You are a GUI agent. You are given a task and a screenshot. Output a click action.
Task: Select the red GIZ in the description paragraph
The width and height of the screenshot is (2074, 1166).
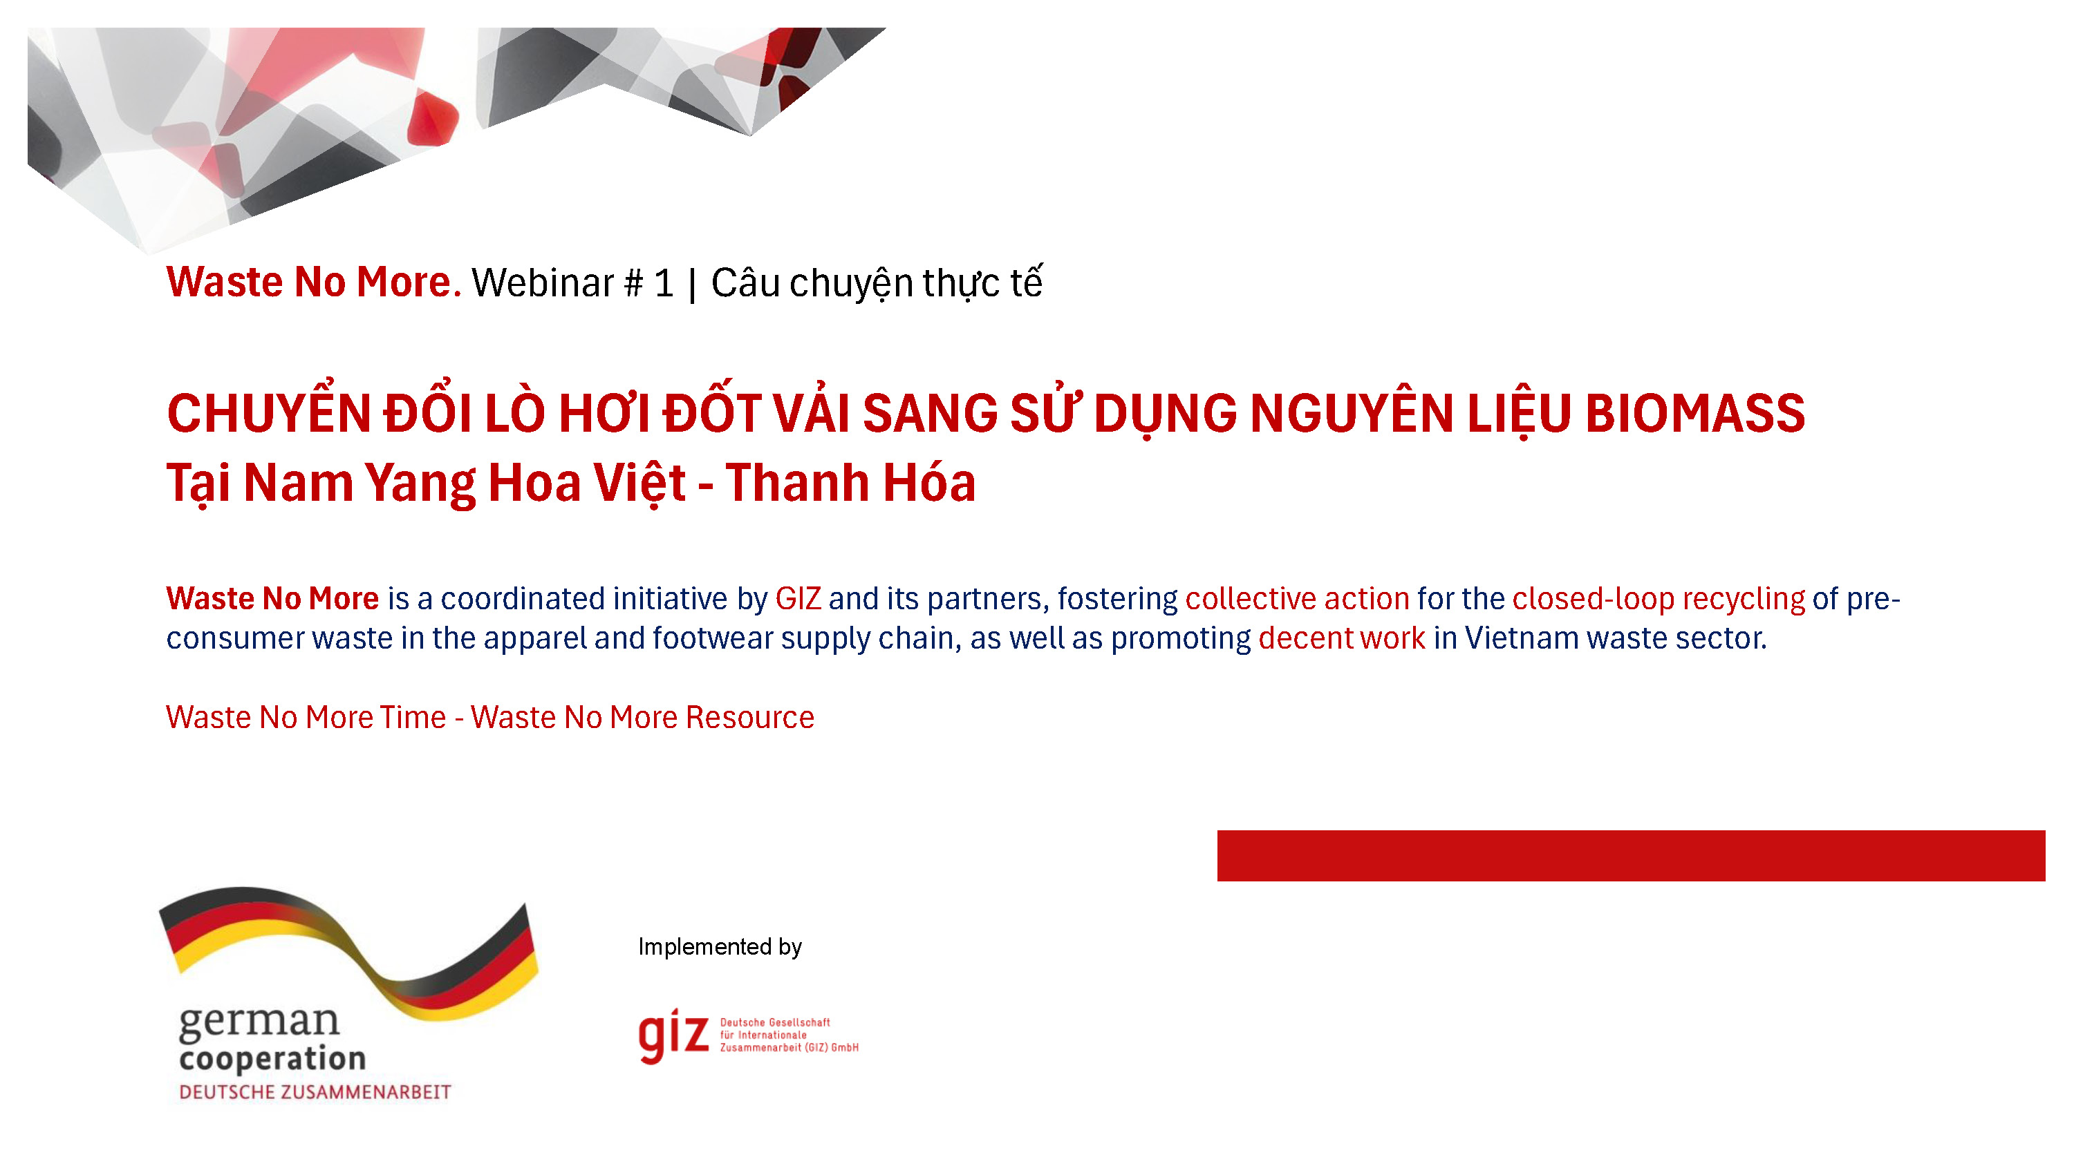pyautogui.click(x=797, y=599)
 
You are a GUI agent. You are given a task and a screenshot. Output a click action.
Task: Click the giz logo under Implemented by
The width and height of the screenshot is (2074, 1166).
pyautogui.click(x=674, y=1035)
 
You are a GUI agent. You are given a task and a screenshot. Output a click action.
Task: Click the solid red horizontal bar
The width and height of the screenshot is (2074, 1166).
pyautogui.click(x=1629, y=855)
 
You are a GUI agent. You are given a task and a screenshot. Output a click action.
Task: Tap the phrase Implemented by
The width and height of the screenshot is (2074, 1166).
pyautogui.click(x=720, y=946)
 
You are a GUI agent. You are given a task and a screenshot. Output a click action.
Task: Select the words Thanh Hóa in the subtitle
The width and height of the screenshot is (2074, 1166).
pyautogui.click(x=850, y=483)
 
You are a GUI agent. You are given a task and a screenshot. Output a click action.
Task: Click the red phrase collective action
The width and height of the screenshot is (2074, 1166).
pyautogui.click(x=1297, y=599)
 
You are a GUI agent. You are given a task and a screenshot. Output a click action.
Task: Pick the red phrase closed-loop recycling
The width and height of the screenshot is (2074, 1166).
pyautogui.click(x=1659, y=599)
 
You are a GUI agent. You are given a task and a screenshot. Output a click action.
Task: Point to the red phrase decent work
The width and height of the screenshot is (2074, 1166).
pyautogui.click(x=1341, y=638)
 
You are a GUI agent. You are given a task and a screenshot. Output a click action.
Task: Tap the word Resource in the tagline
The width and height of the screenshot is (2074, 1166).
pyautogui.click(x=749, y=717)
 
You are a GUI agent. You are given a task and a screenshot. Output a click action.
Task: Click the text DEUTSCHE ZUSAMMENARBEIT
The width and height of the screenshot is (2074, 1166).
pyautogui.click(x=315, y=1092)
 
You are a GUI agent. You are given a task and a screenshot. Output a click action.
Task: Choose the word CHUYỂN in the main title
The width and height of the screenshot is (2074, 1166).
pyautogui.click(x=268, y=414)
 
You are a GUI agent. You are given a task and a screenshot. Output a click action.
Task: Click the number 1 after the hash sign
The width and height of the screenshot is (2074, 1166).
pyautogui.click(x=664, y=283)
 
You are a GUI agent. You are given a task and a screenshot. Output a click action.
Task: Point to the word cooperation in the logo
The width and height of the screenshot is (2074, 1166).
pyautogui.click(x=272, y=1058)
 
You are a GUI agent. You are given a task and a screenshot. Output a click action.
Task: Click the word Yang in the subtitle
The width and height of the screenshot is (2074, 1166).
pyautogui.click(x=420, y=483)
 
